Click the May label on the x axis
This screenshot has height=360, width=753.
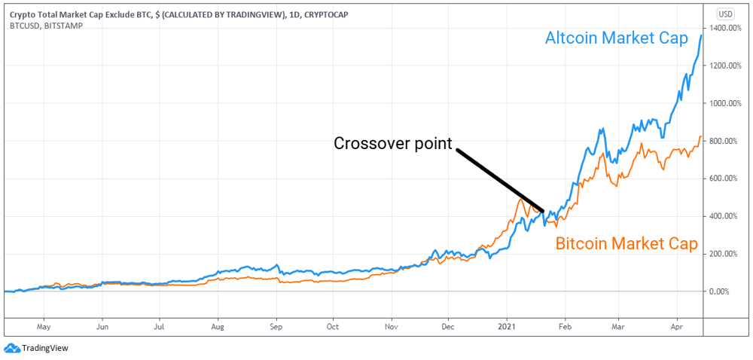point(43,328)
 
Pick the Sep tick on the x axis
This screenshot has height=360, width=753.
point(276,328)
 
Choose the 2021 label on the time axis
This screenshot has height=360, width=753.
point(507,328)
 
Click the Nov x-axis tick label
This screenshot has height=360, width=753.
point(391,328)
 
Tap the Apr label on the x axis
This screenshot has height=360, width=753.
point(677,328)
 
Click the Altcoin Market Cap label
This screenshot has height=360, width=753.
point(616,39)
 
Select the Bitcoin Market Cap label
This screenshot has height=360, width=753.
point(626,243)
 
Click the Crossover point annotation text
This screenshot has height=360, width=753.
point(392,143)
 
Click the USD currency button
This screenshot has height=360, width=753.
point(725,14)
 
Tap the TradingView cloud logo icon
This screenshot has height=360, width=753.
point(11,348)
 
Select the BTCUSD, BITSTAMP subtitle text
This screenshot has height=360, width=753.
point(42,25)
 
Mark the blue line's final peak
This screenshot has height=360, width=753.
point(702,35)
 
